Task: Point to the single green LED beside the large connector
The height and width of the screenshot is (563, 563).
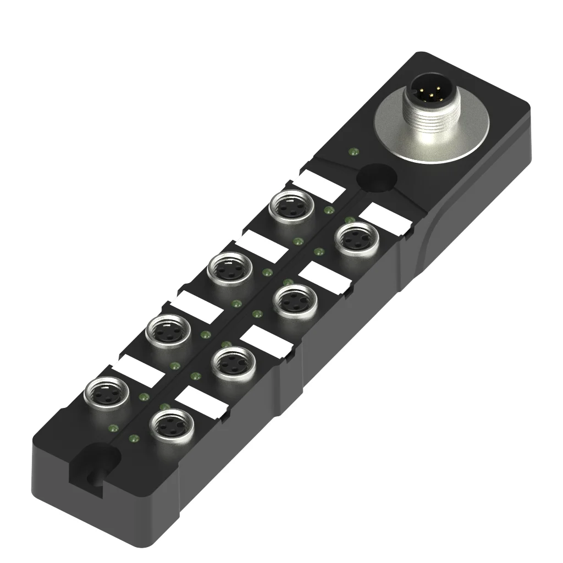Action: (x=352, y=150)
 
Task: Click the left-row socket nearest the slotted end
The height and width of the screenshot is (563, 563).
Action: (x=106, y=393)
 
